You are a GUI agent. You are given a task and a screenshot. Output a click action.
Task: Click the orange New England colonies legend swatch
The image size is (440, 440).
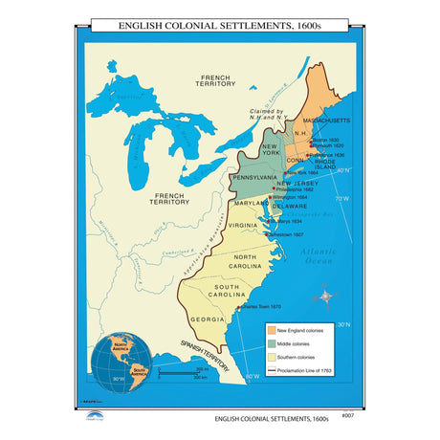point(271,330)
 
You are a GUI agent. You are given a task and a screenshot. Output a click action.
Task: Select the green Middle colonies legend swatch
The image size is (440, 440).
point(271,343)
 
